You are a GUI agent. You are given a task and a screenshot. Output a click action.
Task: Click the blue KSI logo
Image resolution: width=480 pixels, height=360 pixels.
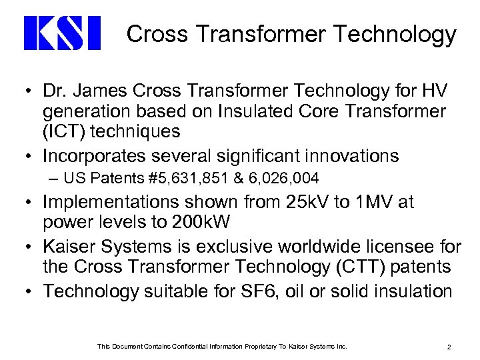pos(61,33)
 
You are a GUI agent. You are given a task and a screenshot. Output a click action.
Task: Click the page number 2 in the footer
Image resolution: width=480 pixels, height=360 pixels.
pos(451,346)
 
